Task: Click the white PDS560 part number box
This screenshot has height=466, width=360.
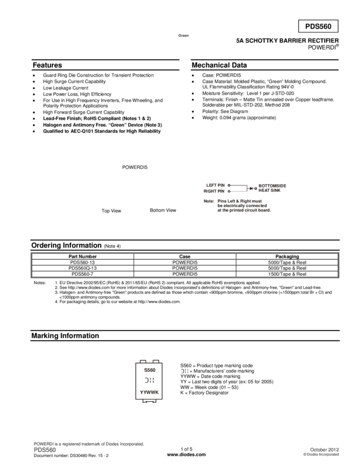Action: click(x=318, y=26)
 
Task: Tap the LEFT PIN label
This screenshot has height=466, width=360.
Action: click(x=214, y=185)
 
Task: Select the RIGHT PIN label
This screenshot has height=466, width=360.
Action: click(x=214, y=191)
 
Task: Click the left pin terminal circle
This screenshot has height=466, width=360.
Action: click(x=229, y=185)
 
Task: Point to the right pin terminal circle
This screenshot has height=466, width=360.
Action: click(x=229, y=191)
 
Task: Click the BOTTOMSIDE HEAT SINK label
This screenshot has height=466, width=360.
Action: click(x=272, y=188)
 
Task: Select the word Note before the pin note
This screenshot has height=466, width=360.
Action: click(x=208, y=202)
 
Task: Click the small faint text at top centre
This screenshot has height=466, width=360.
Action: click(x=183, y=36)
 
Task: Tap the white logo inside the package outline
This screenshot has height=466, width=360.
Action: click(x=149, y=380)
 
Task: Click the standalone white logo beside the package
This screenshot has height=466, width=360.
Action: click(x=184, y=371)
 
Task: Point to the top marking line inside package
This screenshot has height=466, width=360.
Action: click(x=149, y=370)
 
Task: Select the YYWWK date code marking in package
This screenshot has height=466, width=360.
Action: click(x=149, y=393)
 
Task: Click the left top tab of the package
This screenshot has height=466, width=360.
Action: click(x=142, y=361)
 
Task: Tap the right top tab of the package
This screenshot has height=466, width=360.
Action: click(x=156, y=361)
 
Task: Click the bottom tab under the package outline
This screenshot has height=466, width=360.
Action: click(x=149, y=402)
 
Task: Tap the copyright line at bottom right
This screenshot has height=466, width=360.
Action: click(x=321, y=454)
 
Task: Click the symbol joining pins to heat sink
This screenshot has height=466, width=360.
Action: click(x=252, y=188)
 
